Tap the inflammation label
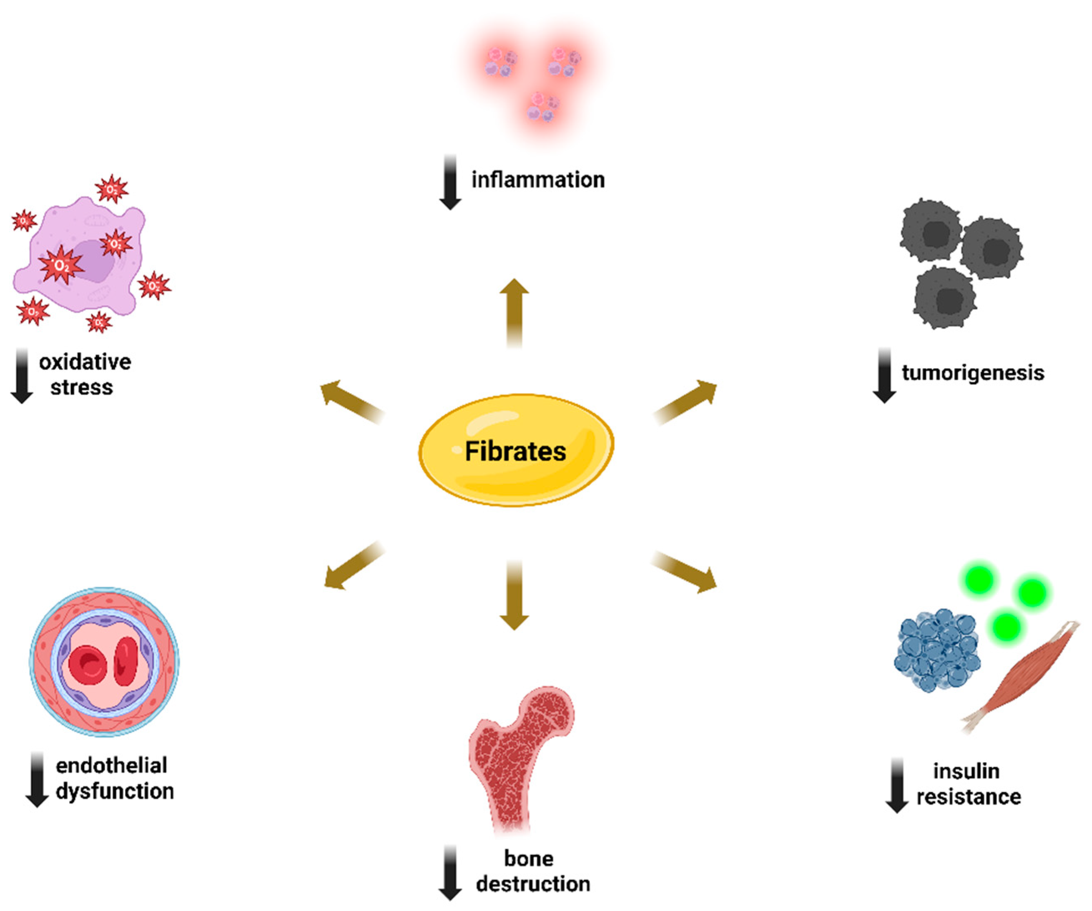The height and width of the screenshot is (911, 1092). [x=538, y=180]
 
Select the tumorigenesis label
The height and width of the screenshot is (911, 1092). [x=973, y=373]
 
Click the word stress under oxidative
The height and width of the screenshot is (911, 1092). [x=82, y=387]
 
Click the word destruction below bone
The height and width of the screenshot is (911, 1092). [x=533, y=883]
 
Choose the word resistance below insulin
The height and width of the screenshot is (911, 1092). [x=968, y=796]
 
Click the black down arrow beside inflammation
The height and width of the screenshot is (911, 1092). [x=450, y=182]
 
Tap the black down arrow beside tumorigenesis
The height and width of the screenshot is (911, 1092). [x=884, y=375]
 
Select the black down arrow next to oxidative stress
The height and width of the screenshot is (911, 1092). [x=22, y=375]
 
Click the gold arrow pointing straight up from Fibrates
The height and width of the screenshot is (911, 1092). [x=514, y=312]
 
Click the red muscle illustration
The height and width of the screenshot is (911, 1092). [x=1019, y=676]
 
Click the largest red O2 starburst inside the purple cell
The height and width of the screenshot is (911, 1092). [x=61, y=265]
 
